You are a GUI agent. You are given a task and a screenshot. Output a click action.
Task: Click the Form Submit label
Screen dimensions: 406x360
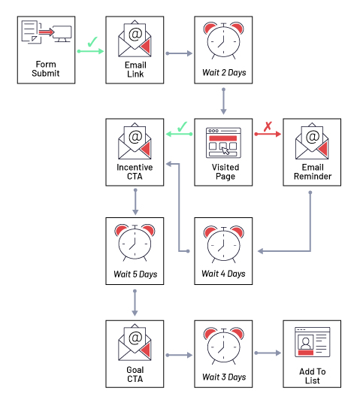(x=45, y=68)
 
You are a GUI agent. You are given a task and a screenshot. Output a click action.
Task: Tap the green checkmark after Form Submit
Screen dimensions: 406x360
(x=92, y=43)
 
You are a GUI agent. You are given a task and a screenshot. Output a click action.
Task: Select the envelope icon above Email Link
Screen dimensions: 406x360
(x=135, y=38)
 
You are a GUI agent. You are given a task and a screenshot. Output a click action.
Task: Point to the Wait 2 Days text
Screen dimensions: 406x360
(x=223, y=74)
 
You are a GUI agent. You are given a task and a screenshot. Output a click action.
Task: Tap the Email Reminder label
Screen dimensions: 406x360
(x=312, y=171)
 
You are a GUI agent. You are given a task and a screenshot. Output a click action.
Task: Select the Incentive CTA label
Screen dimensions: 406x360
(x=135, y=171)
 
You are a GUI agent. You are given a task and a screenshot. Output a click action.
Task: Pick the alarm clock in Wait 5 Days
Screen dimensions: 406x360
(x=135, y=241)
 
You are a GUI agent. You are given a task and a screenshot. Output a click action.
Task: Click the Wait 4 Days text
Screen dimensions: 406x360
(x=223, y=274)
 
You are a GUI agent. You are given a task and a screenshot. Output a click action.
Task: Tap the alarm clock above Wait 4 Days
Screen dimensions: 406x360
(x=223, y=241)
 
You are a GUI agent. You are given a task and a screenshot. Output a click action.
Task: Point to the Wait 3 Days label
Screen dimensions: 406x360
(x=223, y=376)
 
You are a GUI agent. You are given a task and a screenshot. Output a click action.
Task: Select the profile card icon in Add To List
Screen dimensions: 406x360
(x=312, y=341)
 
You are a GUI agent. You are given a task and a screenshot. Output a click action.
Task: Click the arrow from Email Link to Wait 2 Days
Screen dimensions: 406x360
(x=179, y=53)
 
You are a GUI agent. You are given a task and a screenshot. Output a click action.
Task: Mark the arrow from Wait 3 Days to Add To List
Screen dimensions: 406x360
(x=268, y=353)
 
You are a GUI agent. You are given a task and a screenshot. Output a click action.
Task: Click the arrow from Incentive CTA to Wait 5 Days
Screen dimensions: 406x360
(x=135, y=201)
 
